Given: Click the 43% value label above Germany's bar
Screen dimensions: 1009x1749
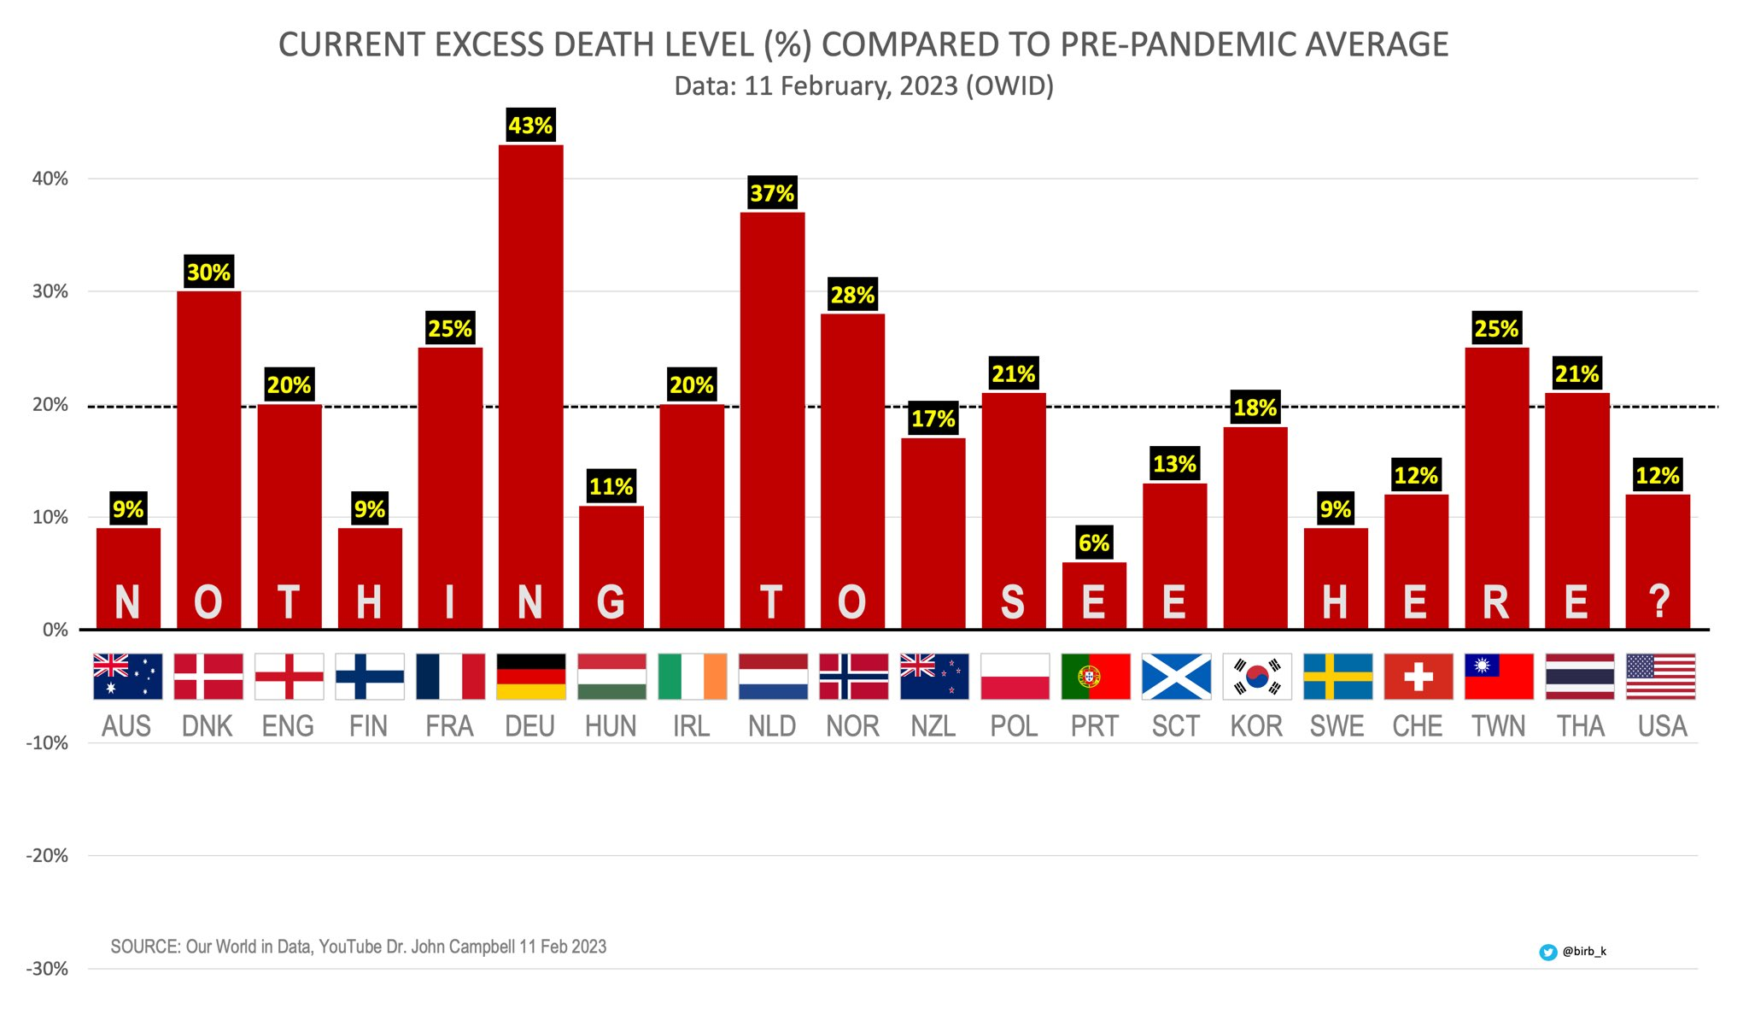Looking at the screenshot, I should [530, 126].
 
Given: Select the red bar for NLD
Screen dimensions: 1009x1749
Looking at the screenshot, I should [772, 419].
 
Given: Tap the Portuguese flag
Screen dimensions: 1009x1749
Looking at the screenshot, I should [1095, 677].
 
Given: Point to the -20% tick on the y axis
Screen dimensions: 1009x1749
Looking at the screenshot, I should [47, 856].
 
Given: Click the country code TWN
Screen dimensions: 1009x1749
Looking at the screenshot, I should [1498, 726].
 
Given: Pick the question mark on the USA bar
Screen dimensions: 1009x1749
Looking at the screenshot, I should [1658, 601].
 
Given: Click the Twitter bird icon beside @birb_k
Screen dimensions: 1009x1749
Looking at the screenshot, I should [1547, 952].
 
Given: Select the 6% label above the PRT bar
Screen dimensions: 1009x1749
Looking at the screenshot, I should [1094, 543].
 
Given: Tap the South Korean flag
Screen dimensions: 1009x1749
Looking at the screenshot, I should [1256, 677].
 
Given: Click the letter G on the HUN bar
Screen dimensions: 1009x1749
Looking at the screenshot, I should [611, 601].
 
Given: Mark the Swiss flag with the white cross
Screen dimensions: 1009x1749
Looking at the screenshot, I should [1418, 677].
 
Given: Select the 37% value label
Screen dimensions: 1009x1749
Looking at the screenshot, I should [772, 193].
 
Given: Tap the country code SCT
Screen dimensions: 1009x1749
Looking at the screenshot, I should [1175, 726].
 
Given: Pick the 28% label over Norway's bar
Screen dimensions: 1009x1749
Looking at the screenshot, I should [852, 295].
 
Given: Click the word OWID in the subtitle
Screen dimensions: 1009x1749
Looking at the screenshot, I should [1009, 86].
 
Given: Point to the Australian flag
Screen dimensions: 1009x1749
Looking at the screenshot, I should [127, 677].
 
